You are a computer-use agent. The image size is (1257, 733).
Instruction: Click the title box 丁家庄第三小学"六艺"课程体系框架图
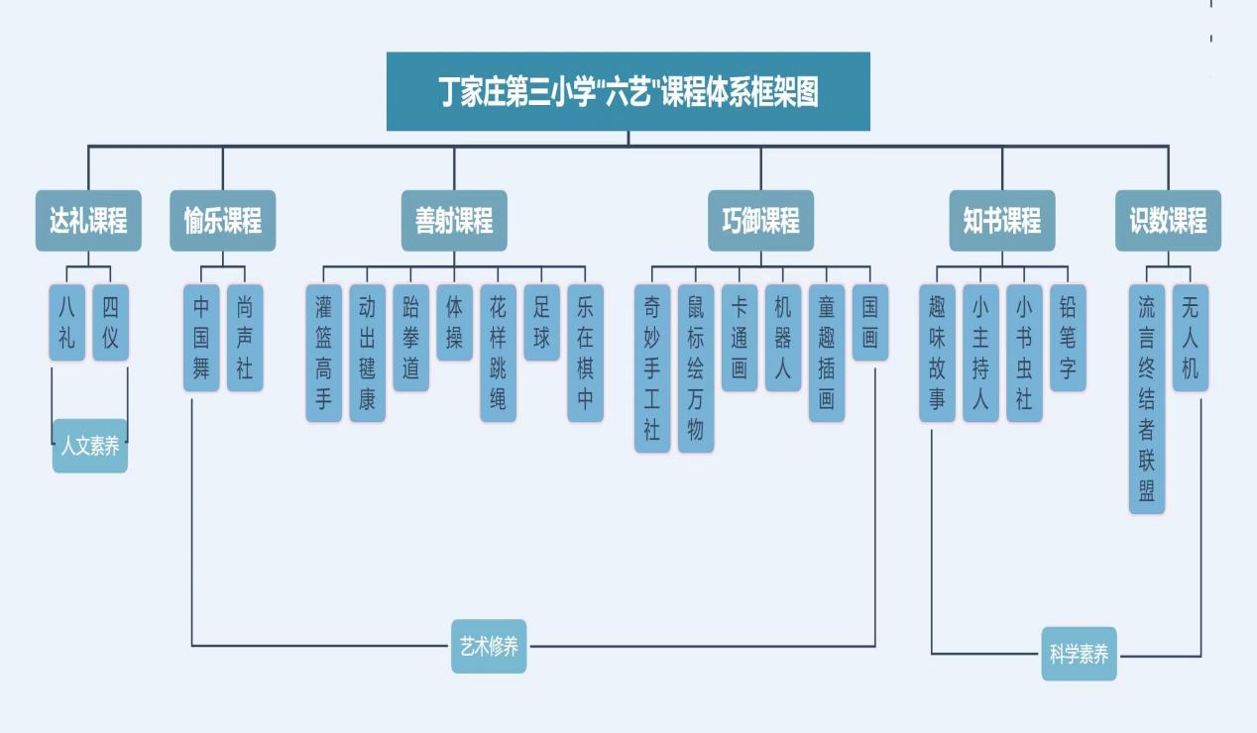click(x=628, y=91)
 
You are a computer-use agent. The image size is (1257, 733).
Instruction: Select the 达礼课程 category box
click(x=88, y=221)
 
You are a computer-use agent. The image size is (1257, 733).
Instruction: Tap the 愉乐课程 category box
click(x=222, y=221)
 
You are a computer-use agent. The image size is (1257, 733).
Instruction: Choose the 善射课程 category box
click(x=454, y=221)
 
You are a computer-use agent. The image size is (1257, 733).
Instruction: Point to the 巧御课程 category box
click(x=760, y=221)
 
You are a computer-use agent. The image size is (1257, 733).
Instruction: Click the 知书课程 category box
click(x=1001, y=221)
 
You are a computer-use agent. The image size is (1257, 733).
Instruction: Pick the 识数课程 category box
click(x=1168, y=221)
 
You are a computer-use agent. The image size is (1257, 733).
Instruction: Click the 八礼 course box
click(x=66, y=323)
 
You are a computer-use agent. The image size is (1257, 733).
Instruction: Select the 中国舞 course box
click(x=201, y=338)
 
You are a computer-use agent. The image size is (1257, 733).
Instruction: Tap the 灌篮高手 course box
click(x=323, y=353)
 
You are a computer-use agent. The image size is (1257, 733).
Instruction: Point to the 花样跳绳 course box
click(x=498, y=353)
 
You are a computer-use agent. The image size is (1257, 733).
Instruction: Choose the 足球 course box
click(x=541, y=323)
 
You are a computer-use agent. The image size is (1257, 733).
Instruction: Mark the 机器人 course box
click(x=782, y=338)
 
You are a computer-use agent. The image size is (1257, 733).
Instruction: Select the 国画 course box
click(x=869, y=323)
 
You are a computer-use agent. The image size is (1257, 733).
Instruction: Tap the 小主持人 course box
click(x=980, y=353)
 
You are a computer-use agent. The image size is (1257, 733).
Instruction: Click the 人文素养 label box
click(x=90, y=447)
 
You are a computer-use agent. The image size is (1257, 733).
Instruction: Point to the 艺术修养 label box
click(x=489, y=647)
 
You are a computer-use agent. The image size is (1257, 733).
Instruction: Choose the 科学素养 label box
click(x=1079, y=654)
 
